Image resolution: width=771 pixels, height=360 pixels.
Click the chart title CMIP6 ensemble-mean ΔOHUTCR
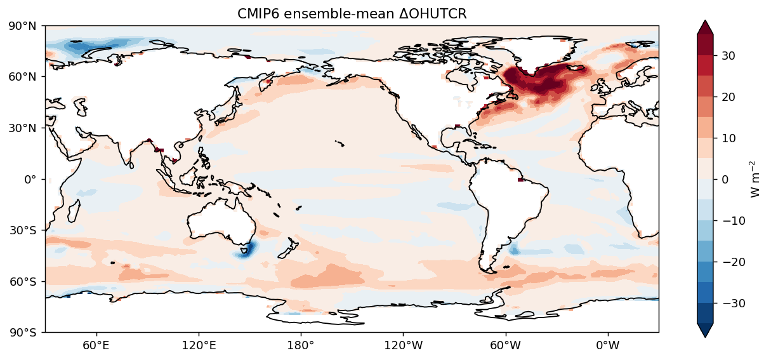coord(352,14)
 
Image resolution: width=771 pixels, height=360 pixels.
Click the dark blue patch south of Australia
coord(244,251)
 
